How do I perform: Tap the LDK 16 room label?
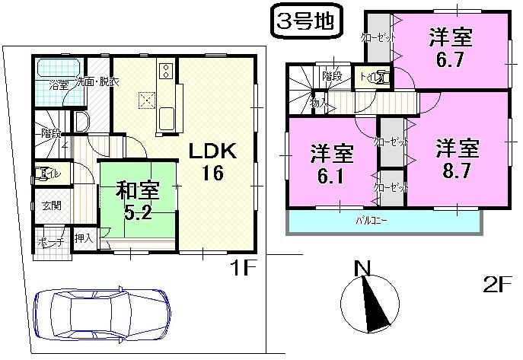[x=212, y=161]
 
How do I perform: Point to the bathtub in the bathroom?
[x=56, y=66]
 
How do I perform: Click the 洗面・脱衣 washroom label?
[x=95, y=82]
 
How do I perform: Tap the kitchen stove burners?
[x=165, y=72]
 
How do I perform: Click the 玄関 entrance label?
[x=52, y=205]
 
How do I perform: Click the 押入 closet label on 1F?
[x=84, y=239]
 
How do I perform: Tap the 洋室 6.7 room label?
[x=449, y=46]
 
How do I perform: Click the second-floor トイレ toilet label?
[x=381, y=76]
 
